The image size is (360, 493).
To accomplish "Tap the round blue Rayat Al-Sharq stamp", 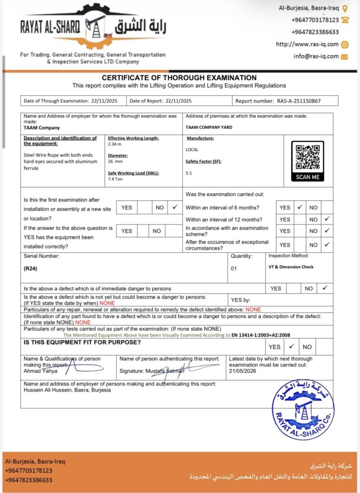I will (303, 409).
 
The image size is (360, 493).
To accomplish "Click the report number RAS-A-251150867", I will (306, 101).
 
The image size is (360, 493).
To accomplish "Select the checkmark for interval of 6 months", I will (299, 208).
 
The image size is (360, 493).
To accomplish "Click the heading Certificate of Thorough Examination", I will (179, 78).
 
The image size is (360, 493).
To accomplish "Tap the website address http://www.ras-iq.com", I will (307, 44).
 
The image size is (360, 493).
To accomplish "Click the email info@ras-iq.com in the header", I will (316, 56).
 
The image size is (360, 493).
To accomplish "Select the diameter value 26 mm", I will (116, 162).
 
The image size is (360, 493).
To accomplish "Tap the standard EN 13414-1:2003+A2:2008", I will (261, 335).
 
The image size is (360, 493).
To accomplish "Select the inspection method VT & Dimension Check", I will (291, 267).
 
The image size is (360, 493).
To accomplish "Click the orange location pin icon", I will (345, 8).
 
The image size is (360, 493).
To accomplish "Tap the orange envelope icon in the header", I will (344, 56).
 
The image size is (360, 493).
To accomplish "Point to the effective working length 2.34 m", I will (115, 144).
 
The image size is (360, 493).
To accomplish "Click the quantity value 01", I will (233, 269).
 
